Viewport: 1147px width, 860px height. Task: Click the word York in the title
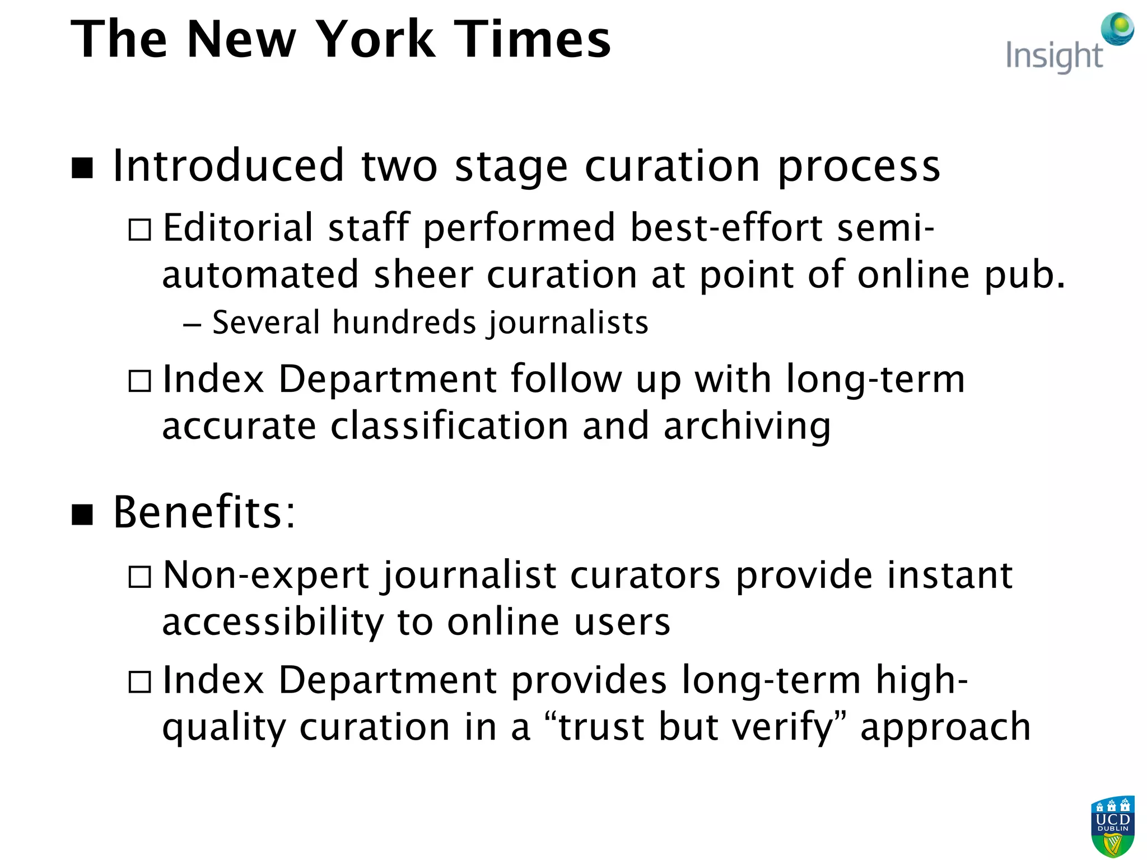(376, 39)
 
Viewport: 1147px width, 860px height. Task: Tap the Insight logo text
(1054, 57)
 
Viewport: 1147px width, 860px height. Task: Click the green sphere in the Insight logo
(1117, 28)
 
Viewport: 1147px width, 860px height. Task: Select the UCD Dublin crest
(1113, 826)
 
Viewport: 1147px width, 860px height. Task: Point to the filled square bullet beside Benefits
(82, 515)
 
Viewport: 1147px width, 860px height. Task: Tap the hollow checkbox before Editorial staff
(139, 230)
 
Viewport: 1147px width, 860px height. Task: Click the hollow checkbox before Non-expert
(139, 577)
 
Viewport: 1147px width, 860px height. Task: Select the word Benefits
(203, 512)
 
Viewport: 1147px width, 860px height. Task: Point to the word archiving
(747, 427)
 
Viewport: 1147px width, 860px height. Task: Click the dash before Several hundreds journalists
(192, 325)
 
